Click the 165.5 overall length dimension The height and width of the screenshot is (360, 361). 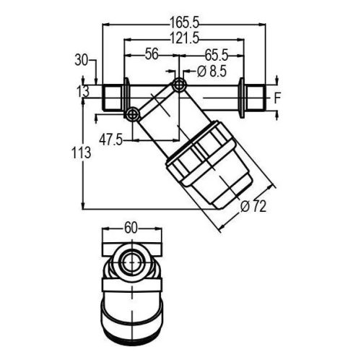[x=186, y=14]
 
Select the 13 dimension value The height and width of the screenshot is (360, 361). [x=84, y=90]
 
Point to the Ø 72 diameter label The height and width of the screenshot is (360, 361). [x=252, y=207]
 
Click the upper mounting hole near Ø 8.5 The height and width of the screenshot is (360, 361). [x=179, y=86]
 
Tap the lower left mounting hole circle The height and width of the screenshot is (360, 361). [x=132, y=114]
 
